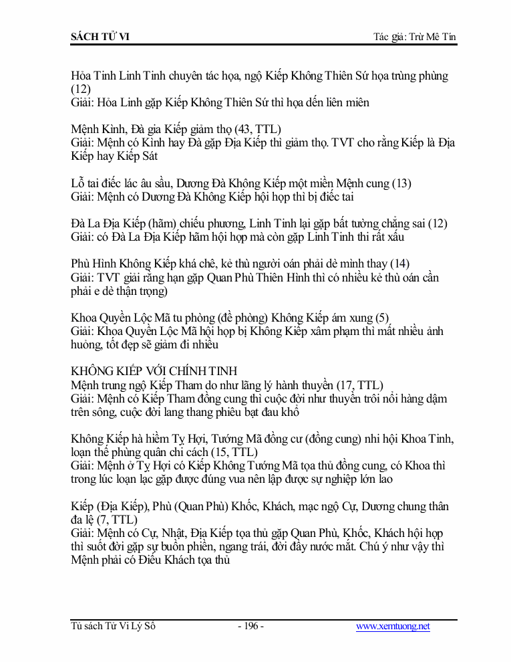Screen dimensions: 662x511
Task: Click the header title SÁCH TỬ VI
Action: (100, 36)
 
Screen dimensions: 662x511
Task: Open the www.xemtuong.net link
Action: (393, 627)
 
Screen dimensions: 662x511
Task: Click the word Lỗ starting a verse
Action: (78, 183)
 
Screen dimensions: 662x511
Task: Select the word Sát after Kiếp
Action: (148, 156)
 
